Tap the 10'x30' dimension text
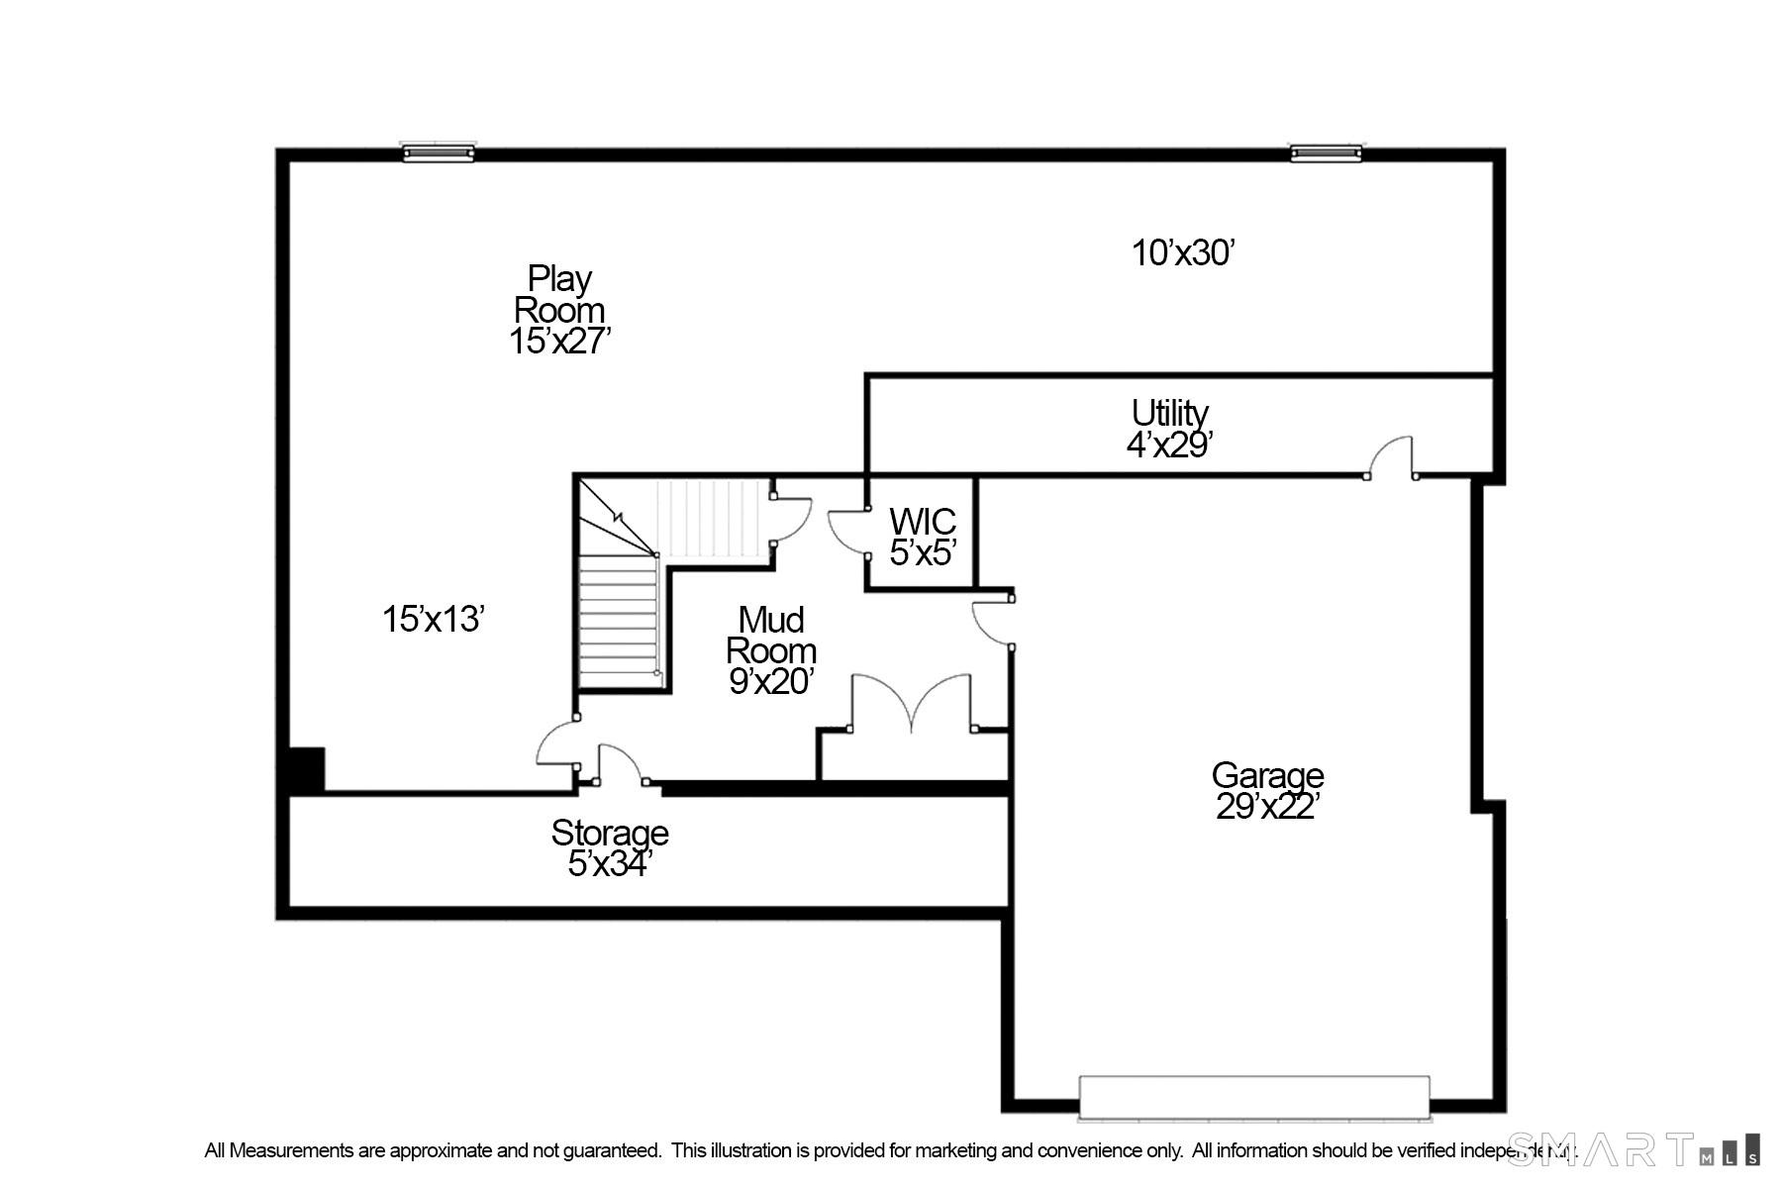(1183, 253)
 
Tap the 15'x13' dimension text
(433, 620)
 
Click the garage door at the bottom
(1254, 1097)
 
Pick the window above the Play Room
(438, 152)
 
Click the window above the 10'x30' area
(1325, 152)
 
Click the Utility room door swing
(1391, 457)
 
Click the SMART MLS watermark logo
(1633, 1149)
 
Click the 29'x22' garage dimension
(1267, 808)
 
